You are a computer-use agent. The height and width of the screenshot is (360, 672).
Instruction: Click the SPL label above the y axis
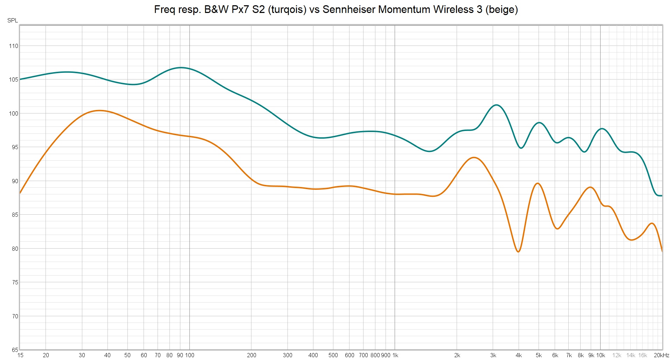[13, 20]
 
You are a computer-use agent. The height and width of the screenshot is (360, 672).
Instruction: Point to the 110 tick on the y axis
[14, 46]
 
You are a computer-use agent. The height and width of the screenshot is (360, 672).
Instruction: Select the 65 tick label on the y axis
[15, 350]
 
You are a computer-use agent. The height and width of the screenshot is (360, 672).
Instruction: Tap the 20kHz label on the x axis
[661, 355]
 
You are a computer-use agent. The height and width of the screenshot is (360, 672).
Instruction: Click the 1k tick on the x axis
[395, 355]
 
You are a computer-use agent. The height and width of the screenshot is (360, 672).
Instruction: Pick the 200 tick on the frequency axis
[251, 355]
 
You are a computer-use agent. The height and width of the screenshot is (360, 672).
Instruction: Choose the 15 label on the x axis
[20, 355]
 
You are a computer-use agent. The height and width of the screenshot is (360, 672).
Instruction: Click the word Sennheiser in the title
[349, 9]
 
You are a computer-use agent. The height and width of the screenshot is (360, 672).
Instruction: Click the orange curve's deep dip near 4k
[518, 252]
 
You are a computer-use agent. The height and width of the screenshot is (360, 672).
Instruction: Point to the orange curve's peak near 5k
[538, 183]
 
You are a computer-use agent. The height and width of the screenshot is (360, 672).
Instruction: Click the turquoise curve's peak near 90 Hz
[181, 67]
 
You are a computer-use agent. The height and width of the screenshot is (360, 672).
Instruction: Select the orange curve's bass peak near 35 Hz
[99, 110]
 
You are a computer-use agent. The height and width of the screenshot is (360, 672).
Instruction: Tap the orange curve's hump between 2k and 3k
[474, 158]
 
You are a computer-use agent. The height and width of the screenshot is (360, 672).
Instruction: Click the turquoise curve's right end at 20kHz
[661, 195]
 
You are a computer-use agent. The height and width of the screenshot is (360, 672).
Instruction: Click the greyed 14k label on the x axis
[631, 355]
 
